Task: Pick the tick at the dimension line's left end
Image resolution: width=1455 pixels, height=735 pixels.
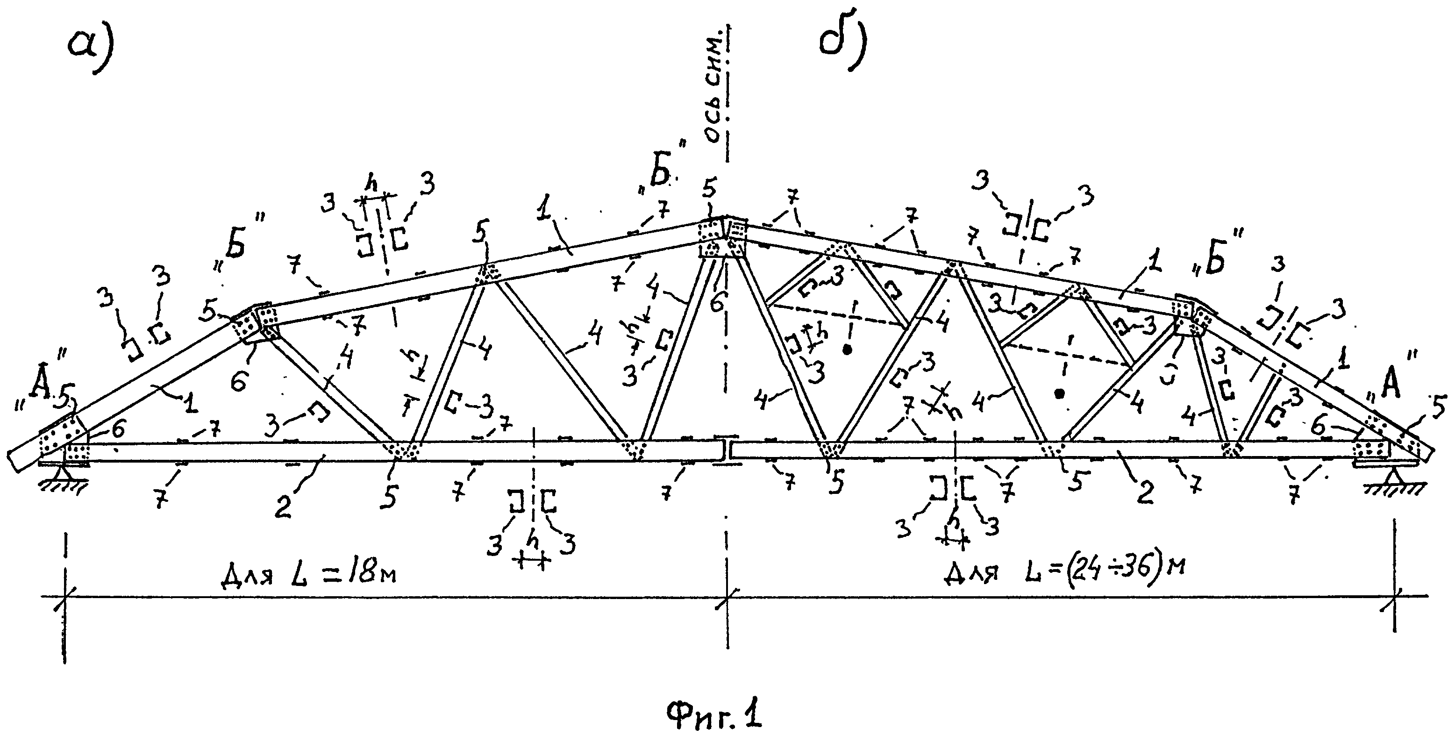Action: (66, 597)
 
